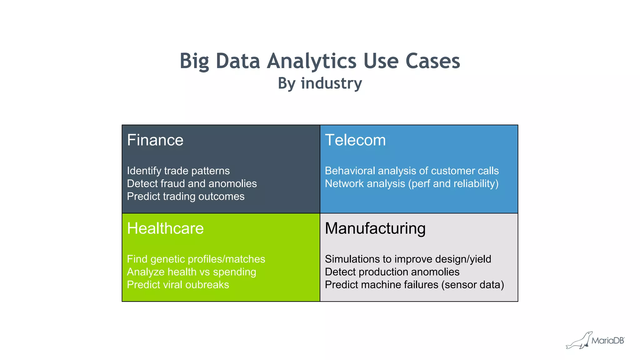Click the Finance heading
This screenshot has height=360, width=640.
point(155,140)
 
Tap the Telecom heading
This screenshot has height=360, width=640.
point(355,140)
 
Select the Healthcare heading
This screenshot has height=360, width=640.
point(165,228)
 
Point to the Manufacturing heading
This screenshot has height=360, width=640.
point(375,228)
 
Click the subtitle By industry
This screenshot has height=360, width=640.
point(320,83)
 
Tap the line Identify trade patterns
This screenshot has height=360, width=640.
point(178,171)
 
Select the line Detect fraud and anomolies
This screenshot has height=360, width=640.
point(192,184)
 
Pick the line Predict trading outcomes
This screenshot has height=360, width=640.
point(186,197)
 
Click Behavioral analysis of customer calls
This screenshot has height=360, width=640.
point(412,171)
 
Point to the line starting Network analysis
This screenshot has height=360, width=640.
point(411,184)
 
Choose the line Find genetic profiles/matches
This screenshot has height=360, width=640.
point(196,259)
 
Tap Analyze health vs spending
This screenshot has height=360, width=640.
point(191,272)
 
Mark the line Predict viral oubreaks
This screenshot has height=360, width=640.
point(178,285)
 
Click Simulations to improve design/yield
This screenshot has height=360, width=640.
point(408,259)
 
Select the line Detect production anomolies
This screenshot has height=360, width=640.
point(392,272)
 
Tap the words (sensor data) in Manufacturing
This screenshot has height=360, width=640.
point(472,285)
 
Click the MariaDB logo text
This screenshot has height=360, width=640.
point(607,341)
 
